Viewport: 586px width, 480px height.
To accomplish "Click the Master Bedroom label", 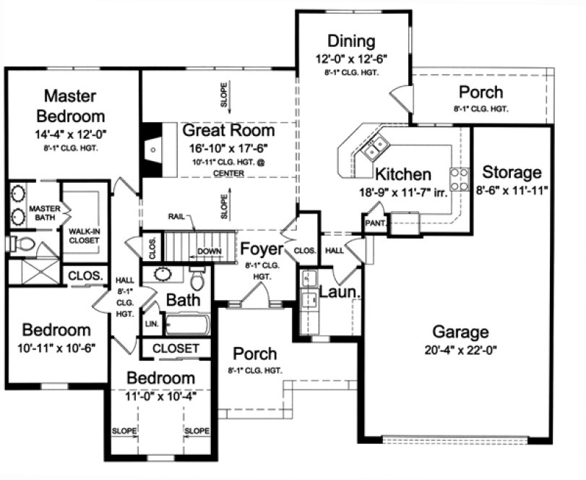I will tap(74, 106).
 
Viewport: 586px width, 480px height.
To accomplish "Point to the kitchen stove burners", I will tap(459, 177).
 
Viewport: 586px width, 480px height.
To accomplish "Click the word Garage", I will tap(460, 333).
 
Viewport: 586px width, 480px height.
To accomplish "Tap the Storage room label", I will tap(512, 173).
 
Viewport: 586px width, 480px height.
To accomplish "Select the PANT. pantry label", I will tap(376, 223).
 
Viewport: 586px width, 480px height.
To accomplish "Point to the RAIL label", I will tap(178, 215).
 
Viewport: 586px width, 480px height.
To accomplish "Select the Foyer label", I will tap(261, 249).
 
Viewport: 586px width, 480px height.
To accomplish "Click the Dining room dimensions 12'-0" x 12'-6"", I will tap(351, 59).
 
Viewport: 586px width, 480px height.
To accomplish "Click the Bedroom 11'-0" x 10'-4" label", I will tap(161, 379).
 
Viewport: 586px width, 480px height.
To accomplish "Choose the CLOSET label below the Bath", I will tap(176, 348).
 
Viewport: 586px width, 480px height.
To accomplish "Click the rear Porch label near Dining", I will tap(481, 93).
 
